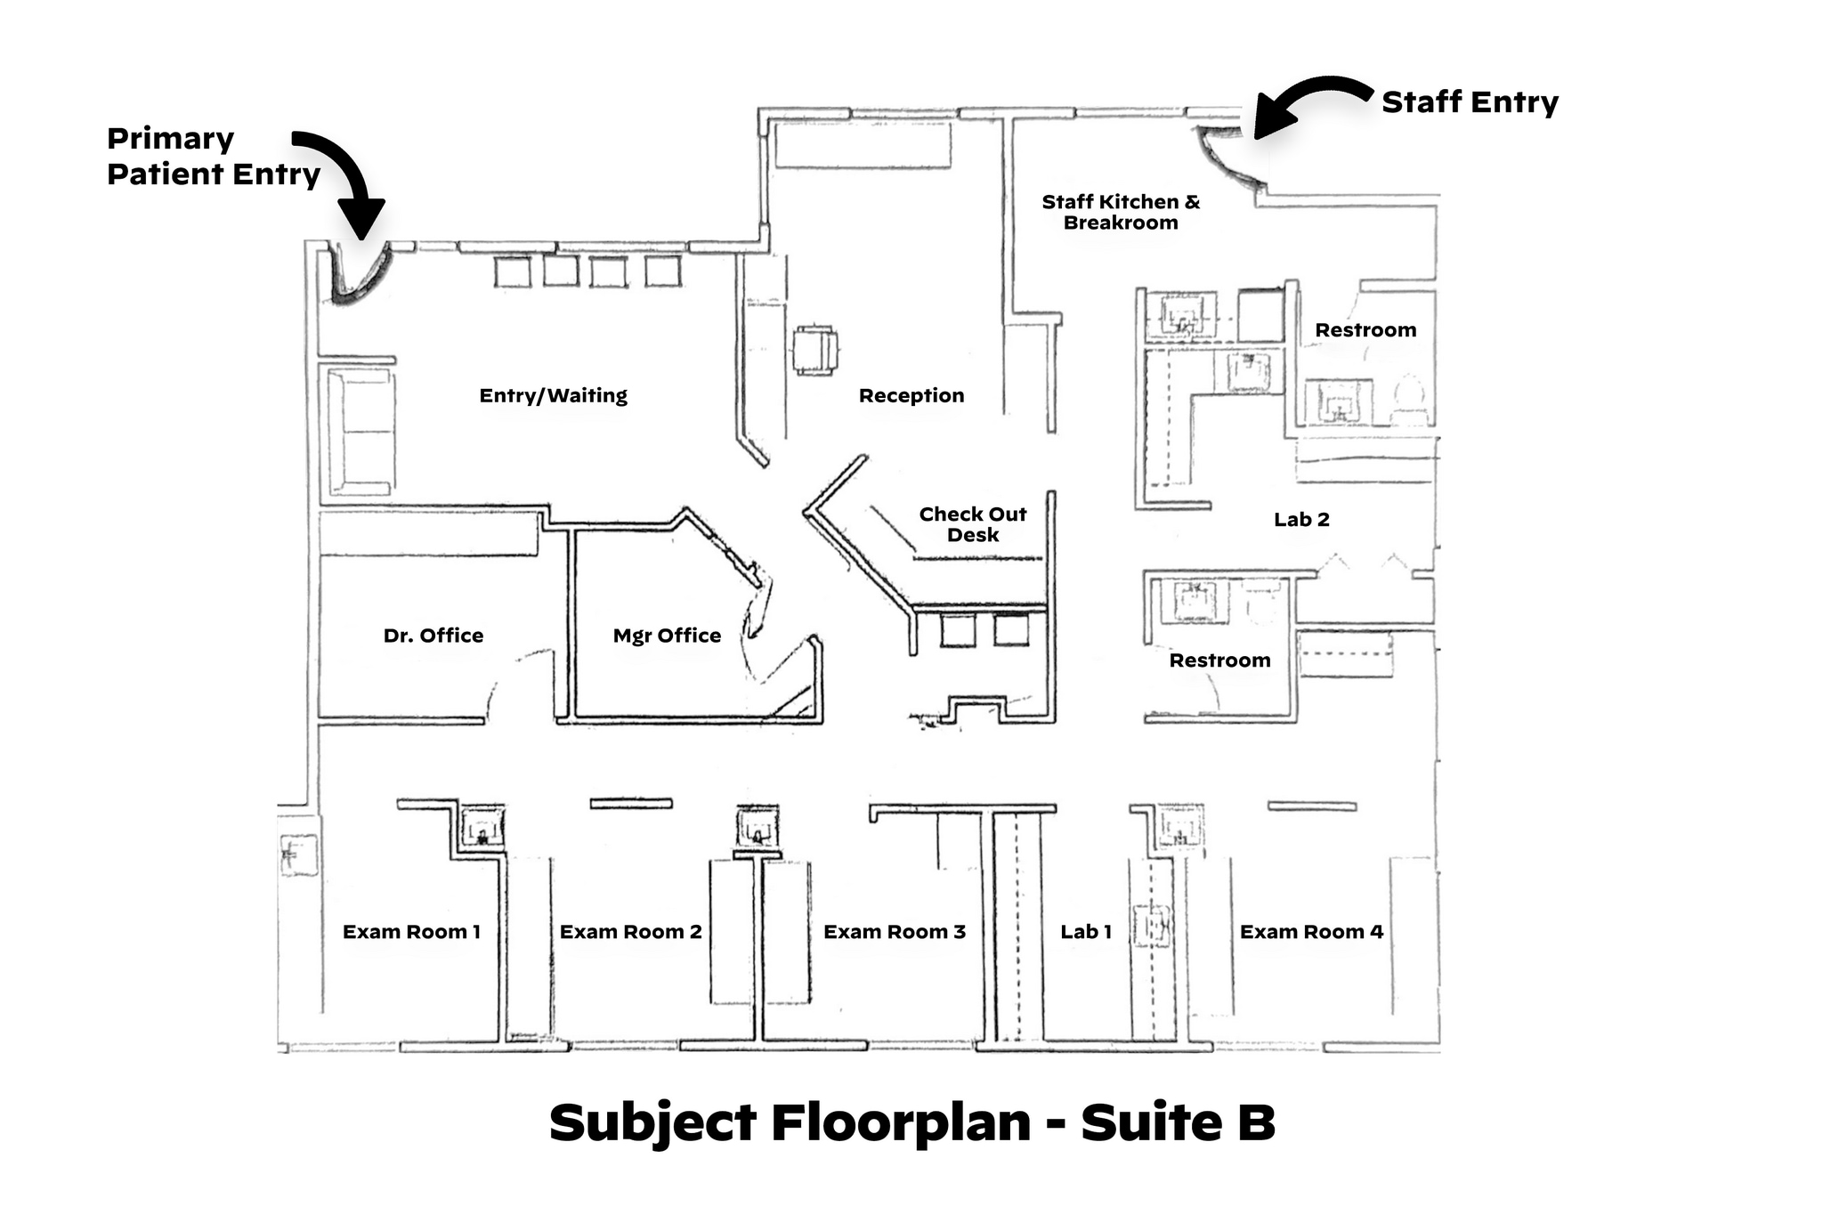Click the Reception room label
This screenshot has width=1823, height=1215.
[911, 396]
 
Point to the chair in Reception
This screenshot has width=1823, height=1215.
[815, 351]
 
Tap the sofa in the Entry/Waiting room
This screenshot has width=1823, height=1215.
[361, 432]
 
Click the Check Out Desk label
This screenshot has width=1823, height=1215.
[972, 524]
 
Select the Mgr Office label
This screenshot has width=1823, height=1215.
[667, 636]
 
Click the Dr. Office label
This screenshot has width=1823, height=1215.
[433, 636]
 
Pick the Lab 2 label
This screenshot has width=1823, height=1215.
[1301, 520]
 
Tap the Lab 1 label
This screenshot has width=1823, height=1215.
[1085, 932]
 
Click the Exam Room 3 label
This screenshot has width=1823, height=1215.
[894, 932]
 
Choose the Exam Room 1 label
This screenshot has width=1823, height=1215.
[411, 932]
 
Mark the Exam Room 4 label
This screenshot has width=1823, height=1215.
[1311, 932]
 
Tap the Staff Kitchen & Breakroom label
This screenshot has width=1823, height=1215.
[1121, 212]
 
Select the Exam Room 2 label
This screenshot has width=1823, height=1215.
[630, 932]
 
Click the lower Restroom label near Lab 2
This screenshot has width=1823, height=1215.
[1219, 660]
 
